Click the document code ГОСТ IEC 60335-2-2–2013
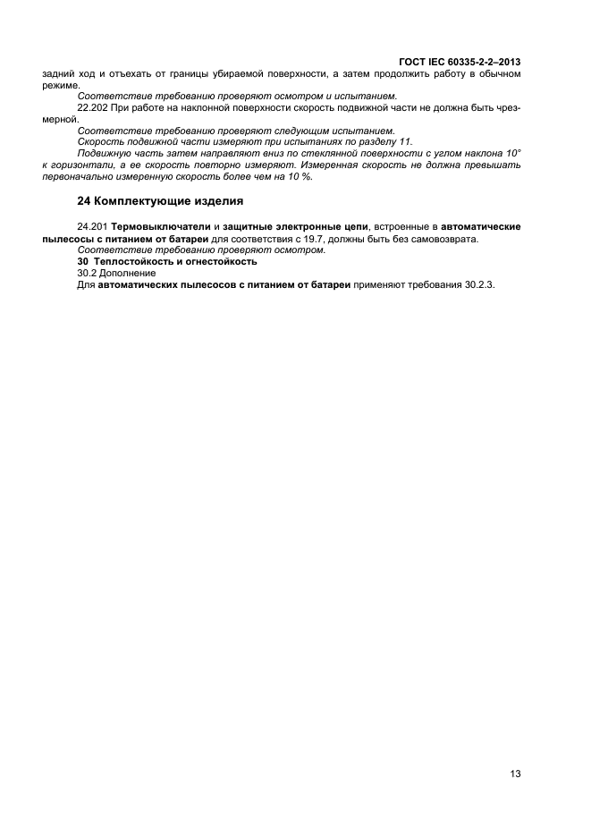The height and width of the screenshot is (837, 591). pyautogui.click(x=460, y=62)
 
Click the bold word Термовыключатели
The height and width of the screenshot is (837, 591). pyautogui.click(x=160, y=228)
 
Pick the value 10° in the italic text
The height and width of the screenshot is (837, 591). pyautogui.click(x=511, y=153)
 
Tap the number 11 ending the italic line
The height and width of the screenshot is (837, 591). pyautogui.click(x=407, y=141)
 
